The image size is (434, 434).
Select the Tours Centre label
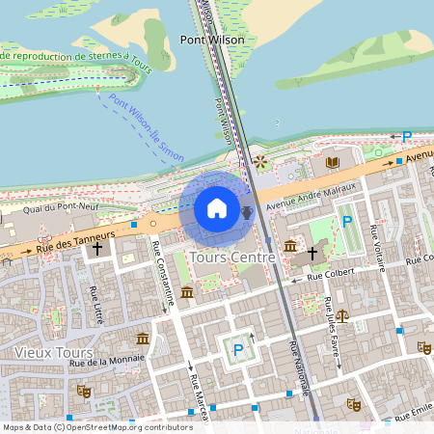click(x=233, y=258)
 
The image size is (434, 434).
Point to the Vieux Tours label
click(x=53, y=352)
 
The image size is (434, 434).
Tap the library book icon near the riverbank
click(x=333, y=163)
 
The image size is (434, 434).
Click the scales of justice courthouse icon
click(x=342, y=314)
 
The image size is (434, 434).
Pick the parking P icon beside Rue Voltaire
click(x=346, y=222)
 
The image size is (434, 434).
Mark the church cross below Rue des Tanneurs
click(x=96, y=249)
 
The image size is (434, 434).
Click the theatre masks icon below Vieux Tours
click(x=84, y=391)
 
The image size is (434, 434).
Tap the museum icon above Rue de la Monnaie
click(x=143, y=339)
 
